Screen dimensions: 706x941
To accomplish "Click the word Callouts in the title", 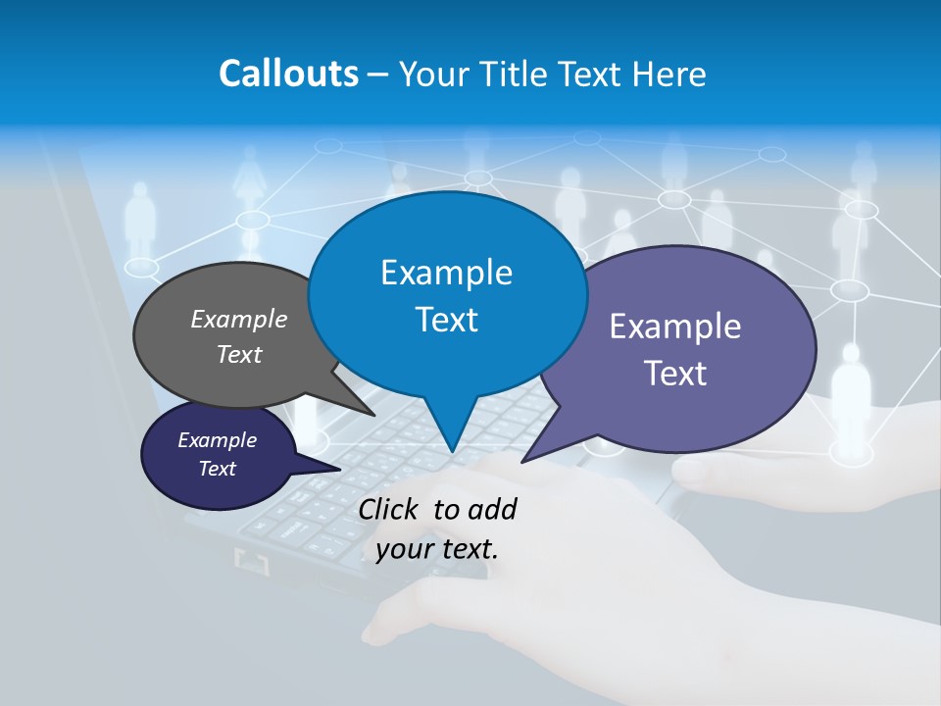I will [x=288, y=74].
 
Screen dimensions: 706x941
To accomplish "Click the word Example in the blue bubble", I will [x=446, y=273].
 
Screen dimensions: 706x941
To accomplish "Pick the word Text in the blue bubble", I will [x=446, y=320].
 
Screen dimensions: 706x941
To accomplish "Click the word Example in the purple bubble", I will [x=675, y=327].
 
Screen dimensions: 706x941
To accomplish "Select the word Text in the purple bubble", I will [x=675, y=374].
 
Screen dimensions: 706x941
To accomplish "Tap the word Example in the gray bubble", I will [x=239, y=319].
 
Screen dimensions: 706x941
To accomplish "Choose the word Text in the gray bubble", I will [x=239, y=354].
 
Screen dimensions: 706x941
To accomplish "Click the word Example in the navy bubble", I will [x=217, y=440].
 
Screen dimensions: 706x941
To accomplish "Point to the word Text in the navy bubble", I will [x=217, y=469].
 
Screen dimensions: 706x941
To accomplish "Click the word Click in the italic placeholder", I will [x=389, y=509].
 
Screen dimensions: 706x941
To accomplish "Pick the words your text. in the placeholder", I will [x=436, y=549].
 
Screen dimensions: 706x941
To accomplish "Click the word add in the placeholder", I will [x=492, y=509].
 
